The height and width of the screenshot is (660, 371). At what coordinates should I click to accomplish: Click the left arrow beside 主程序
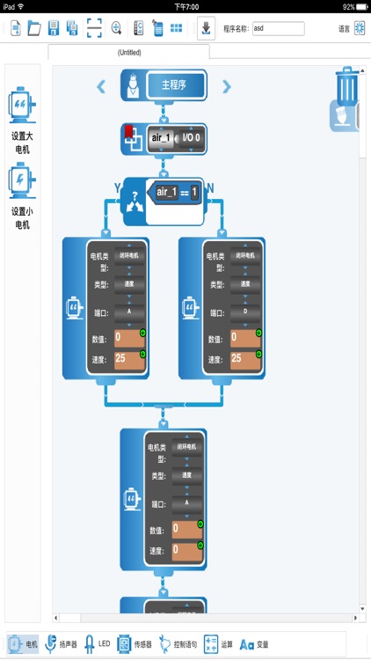102,86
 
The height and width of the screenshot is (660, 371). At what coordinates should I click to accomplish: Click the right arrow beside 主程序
227,86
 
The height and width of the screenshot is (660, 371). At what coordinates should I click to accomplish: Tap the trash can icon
347,85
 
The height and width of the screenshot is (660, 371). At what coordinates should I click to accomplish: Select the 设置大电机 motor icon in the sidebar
22,106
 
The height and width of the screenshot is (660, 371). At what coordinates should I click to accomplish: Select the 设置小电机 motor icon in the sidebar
22,180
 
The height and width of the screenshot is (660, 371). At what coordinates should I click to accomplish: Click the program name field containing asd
278,28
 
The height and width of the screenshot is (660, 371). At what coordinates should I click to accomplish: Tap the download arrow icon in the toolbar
205,28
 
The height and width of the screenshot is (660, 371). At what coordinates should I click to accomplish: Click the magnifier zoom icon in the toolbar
116,28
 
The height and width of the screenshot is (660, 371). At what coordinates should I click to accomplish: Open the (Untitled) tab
129,53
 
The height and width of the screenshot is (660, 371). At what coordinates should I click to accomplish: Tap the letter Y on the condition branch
117,187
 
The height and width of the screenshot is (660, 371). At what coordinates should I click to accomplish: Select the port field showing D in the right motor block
245,312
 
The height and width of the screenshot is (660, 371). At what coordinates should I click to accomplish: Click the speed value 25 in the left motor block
127,358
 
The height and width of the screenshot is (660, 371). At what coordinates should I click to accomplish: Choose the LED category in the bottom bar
97,644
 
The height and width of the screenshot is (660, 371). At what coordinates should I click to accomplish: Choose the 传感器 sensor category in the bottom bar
135,644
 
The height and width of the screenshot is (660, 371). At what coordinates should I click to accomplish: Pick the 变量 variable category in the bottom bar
254,644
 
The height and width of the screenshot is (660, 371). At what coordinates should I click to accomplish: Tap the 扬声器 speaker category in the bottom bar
61,644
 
